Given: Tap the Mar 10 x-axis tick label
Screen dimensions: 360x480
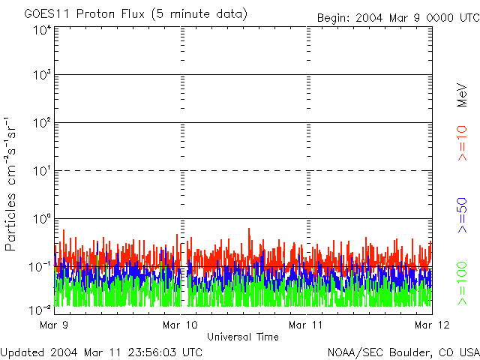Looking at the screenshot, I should coord(180,325).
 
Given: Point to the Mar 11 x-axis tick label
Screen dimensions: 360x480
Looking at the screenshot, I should coord(306,325).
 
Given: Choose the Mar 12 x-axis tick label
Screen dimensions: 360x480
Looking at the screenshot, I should coord(431,325).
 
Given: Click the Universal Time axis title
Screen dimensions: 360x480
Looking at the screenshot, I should coord(243,337).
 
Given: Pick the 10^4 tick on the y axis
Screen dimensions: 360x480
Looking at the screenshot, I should coord(42,30).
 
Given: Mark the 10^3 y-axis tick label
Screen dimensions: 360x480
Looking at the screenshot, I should coord(42,76).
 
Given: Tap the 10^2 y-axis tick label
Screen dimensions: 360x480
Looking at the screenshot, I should coord(42,124).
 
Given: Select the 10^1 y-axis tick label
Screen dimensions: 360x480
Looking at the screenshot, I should coord(42,172).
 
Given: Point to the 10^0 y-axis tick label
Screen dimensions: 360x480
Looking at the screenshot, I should coord(42,219).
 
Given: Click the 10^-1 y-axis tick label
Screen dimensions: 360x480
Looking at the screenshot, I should coord(40,267).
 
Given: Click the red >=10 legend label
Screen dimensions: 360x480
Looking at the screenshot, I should coord(463,143).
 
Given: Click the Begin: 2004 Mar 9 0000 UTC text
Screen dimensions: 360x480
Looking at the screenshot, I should coord(397,18).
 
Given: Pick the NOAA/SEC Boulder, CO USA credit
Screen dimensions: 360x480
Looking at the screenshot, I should coord(403,352).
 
